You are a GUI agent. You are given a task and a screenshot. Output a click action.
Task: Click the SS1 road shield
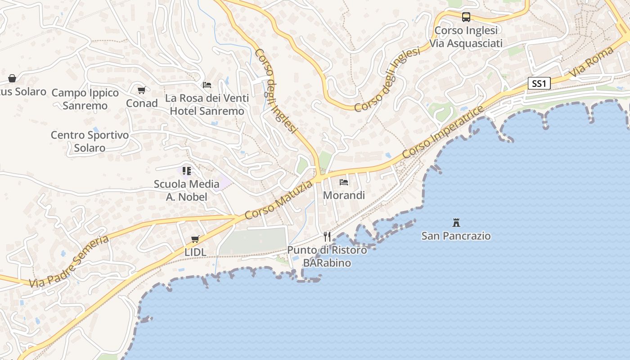539,83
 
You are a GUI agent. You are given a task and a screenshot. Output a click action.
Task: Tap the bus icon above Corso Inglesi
466,17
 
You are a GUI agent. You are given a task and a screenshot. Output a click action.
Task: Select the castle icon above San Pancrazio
456,222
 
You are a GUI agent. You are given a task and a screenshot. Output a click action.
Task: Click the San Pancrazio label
456,236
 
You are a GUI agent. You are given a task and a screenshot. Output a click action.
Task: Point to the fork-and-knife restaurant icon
327,237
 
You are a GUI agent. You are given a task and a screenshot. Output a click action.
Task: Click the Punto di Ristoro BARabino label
327,256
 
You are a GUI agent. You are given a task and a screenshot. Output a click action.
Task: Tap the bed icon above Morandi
344,182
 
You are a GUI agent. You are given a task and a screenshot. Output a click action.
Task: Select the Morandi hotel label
344,196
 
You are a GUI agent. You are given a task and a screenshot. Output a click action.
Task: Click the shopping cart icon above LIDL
195,239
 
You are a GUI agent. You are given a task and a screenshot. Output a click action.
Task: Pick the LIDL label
195,252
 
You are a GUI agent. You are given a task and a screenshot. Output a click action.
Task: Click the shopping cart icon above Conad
141,90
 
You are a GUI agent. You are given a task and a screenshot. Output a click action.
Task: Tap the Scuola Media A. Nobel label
186,190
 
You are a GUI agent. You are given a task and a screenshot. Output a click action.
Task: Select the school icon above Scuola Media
186,171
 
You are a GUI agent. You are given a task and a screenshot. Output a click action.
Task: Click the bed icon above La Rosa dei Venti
207,85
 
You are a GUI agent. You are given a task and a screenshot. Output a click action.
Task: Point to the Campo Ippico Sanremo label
85,99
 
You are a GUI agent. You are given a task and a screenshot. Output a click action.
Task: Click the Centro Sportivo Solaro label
90,141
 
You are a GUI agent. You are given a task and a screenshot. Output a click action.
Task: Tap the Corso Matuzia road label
279,200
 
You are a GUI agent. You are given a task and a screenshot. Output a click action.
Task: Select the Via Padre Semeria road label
69,261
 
